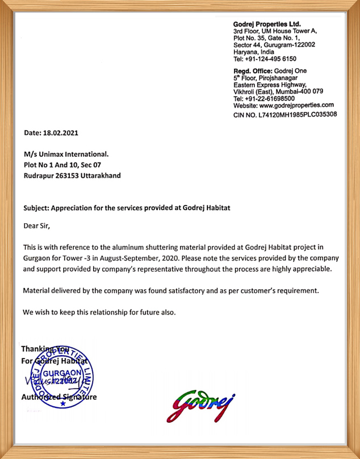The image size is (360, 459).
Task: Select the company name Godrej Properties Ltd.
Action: (x=267, y=24)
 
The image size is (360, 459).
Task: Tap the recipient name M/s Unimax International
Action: (x=66, y=155)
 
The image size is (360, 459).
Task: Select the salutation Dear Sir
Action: (x=36, y=226)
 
